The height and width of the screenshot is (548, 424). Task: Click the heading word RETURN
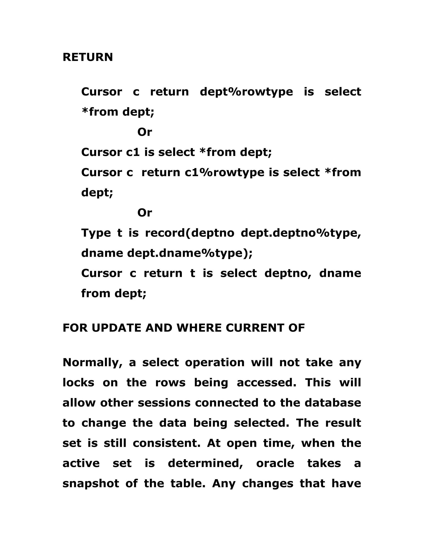coord(88,57)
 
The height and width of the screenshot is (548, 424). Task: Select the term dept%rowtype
coord(246,92)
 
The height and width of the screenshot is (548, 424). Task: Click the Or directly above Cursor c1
coord(145,132)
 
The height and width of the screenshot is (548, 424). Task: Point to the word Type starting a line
coord(96,233)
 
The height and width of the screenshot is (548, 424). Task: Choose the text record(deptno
coord(190,233)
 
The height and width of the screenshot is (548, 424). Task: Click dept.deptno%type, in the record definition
coord(301,233)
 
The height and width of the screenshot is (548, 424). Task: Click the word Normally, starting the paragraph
coord(92,363)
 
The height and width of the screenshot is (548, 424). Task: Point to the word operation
coord(214,363)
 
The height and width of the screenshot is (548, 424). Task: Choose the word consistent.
coord(166,443)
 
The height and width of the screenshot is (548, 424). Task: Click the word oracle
coord(275,463)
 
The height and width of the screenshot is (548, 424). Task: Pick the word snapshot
coord(91,484)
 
